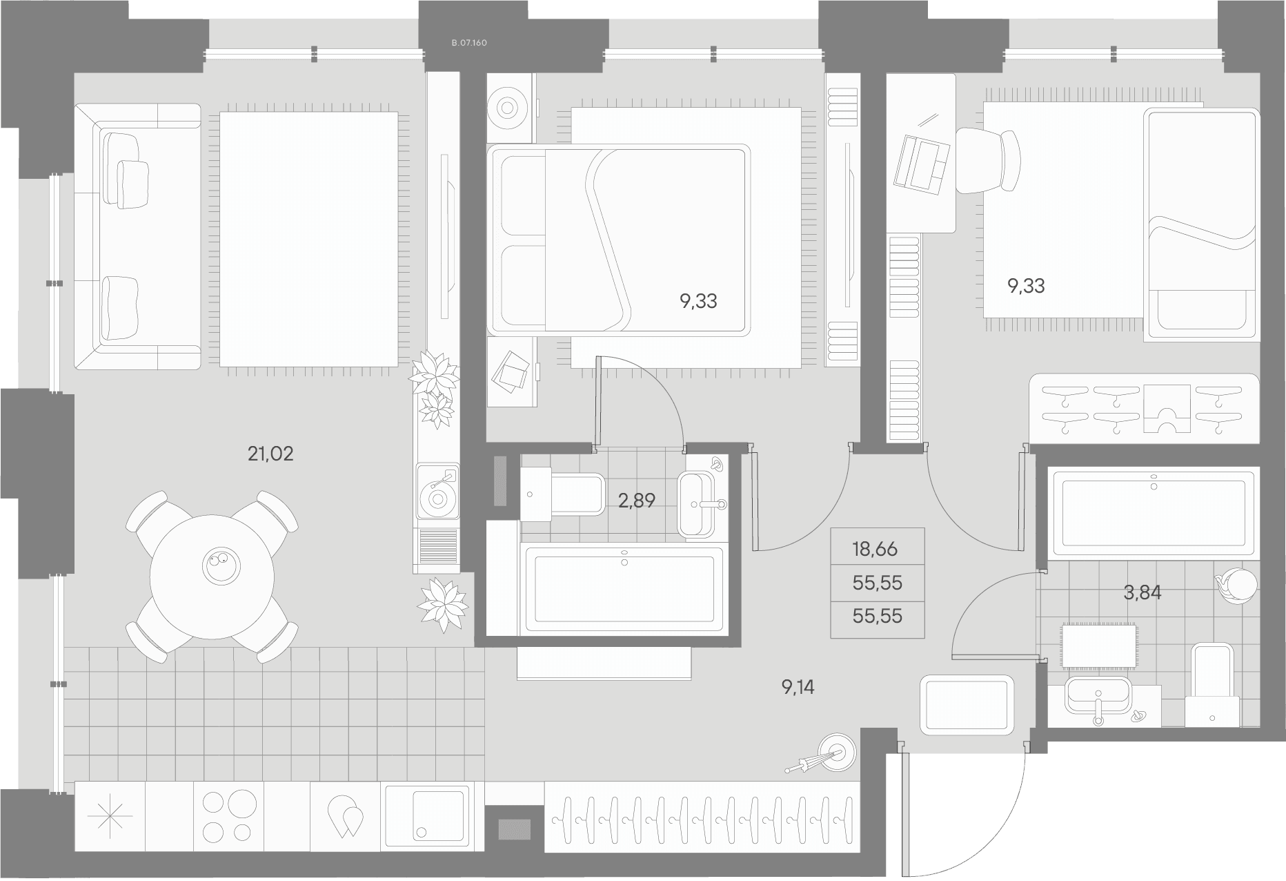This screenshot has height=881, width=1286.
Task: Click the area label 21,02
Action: [270, 454]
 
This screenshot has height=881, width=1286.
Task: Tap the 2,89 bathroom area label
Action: [636, 501]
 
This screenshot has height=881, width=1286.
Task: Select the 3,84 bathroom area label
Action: [1142, 592]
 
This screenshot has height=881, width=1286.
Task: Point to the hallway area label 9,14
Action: [798, 687]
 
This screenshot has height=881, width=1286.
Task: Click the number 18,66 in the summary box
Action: [875, 550]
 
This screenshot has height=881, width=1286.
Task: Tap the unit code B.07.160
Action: [469, 43]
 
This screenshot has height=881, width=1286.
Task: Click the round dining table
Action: [212, 578]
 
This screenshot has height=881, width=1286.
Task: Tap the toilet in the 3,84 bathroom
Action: [1213, 686]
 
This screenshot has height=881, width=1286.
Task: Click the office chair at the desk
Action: [987, 161]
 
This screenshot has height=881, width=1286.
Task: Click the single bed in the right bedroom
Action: [1202, 224]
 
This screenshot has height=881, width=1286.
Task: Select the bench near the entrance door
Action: [967, 704]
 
